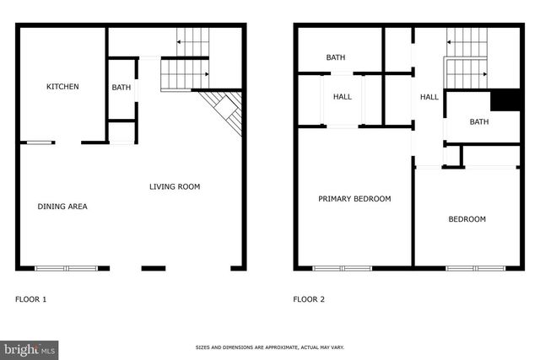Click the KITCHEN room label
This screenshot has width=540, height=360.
pos(62,87)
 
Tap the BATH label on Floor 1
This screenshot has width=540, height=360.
pos(121,87)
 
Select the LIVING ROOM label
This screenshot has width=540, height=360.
pos(175,186)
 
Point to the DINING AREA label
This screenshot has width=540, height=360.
pos(62,207)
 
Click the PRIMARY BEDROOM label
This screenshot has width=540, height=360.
pos(354,199)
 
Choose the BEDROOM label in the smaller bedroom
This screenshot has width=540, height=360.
pos(467,219)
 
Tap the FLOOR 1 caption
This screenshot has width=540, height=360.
pos(32,298)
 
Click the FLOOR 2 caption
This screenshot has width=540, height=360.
pos(309,298)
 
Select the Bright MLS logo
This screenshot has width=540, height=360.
pos(30,348)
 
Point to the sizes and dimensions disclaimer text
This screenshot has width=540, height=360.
pos(269,347)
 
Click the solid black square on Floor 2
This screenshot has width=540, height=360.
pos(505,99)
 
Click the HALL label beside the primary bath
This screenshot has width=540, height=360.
pos(343,97)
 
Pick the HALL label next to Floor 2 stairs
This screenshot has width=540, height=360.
pos(429,97)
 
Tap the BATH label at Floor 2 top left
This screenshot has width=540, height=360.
pos(336,57)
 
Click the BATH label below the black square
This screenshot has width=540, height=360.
pos(479,122)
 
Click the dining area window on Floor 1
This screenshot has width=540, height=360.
pos(66,269)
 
